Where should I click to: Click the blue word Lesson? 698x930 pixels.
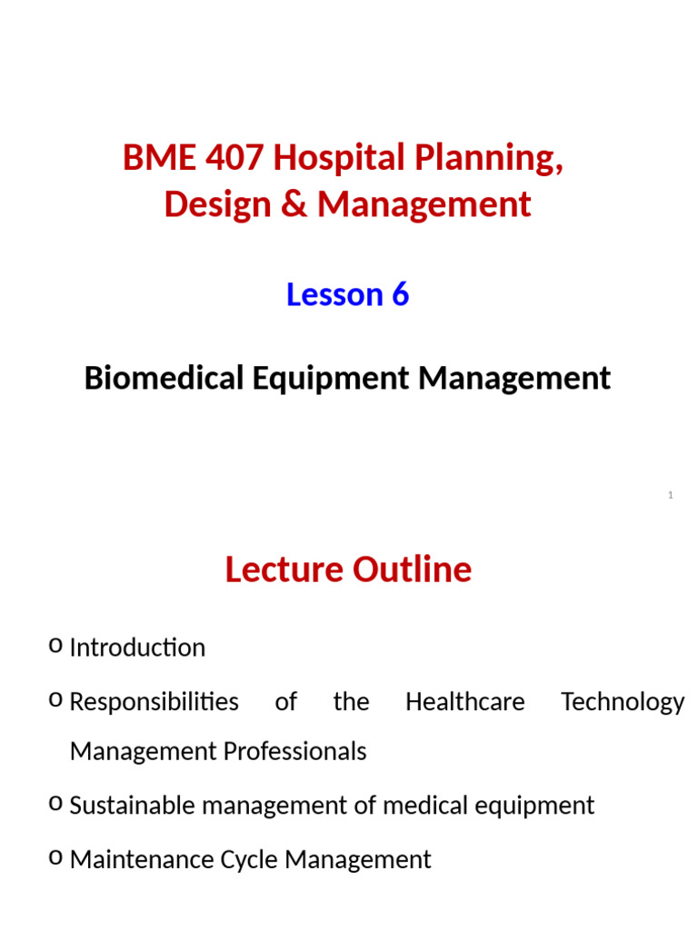coord(323,294)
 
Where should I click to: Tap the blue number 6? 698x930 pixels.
coord(400,294)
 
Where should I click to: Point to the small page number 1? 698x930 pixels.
coord(670,495)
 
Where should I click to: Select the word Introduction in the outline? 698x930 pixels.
coord(137,648)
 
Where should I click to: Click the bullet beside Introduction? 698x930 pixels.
coord(55,646)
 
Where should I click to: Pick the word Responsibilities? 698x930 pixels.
coord(154,702)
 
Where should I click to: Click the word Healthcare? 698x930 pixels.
coord(464,702)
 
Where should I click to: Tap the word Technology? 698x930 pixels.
coord(623,702)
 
